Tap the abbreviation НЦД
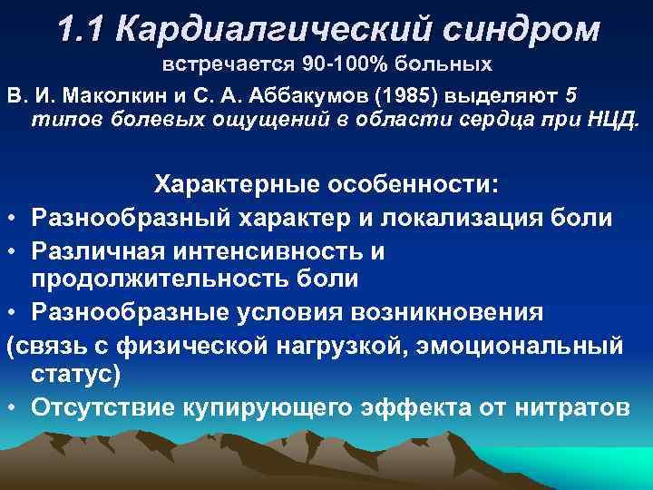(x=617, y=122)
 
